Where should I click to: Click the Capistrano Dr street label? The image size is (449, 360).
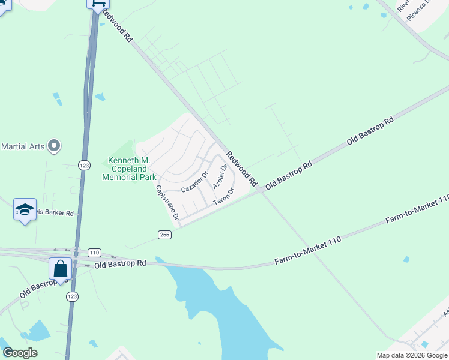click(168, 205)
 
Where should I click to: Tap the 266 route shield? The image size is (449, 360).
click(166, 235)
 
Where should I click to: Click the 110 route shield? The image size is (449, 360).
click(94, 253)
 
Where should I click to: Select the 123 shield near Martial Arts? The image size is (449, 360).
click(84, 164)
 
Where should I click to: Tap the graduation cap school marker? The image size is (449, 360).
click(25, 209)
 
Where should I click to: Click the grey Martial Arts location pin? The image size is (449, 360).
click(54, 146)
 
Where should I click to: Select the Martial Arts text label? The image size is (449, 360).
click(23, 146)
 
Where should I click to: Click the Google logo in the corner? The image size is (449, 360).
click(19, 353)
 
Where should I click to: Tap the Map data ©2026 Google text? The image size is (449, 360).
click(412, 355)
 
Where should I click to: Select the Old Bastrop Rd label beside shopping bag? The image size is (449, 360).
click(119, 263)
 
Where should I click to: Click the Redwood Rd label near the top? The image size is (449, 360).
click(116, 26)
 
